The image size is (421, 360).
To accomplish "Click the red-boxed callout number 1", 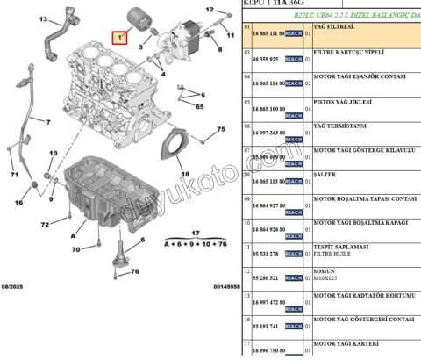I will pyautogui.click(x=118, y=39).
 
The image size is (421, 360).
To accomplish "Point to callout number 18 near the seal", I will pyautogui.click(x=184, y=175).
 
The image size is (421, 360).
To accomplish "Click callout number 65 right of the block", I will pyautogui.click(x=200, y=105).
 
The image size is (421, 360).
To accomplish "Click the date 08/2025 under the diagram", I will pyautogui.click(x=15, y=286).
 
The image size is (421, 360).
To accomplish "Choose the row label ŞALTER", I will pyautogui.click(x=324, y=173).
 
